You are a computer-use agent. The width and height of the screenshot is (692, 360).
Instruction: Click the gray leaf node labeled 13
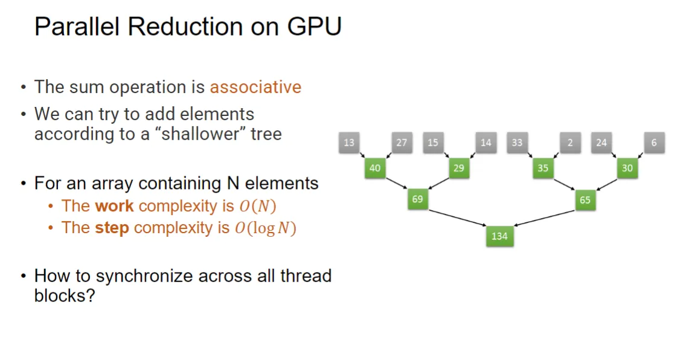[349, 143]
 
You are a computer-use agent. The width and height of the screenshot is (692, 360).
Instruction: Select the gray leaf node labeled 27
[402, 143]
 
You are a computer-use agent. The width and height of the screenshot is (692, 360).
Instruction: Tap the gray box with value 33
[517, 143]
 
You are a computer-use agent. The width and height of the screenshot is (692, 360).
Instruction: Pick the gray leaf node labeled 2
[570, 143]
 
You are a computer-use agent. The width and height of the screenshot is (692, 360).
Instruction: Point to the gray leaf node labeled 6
[654, 143]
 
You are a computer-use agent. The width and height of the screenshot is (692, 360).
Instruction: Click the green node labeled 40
[375, 168]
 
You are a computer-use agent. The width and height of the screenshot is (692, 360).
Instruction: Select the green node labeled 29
[459, 168]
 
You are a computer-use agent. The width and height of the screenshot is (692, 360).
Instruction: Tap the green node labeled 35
[543, 168]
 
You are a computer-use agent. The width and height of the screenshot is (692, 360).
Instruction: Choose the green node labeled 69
[417, 199]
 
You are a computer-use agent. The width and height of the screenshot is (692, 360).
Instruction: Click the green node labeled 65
[585, 200]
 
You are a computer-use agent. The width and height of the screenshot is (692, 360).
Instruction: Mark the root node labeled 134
[499, 236]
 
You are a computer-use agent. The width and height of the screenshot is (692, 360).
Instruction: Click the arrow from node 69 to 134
[458, 218]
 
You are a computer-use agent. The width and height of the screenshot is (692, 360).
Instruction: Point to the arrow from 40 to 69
[397, 183]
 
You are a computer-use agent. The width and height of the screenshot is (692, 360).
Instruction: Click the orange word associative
[255, 87]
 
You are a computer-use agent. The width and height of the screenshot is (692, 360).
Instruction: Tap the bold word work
[114, 206]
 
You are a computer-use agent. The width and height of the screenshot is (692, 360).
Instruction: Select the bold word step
[112, 228]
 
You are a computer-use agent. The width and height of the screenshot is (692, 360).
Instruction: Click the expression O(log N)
[265, 228]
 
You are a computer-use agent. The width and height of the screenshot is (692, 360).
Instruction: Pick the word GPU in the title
[314, 27]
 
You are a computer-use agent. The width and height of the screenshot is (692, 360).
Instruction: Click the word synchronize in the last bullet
[145, 276]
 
